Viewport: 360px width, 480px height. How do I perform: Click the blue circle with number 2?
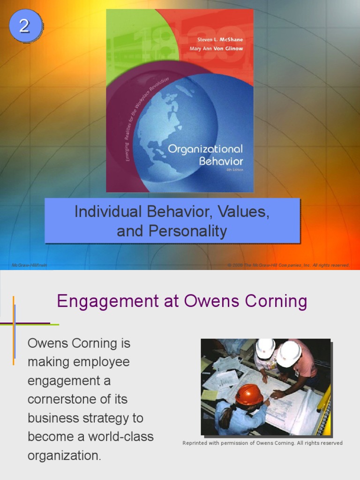24,25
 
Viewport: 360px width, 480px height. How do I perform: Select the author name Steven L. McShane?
217,40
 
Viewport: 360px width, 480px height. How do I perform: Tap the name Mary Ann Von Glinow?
216,49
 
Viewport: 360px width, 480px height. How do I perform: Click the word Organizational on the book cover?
205,149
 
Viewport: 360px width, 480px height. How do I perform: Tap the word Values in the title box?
247,212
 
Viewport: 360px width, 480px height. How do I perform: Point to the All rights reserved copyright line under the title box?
288,265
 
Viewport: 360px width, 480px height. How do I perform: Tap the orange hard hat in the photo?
249,394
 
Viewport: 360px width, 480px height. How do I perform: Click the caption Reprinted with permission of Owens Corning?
262,443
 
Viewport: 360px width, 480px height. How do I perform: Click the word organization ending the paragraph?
64,456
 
